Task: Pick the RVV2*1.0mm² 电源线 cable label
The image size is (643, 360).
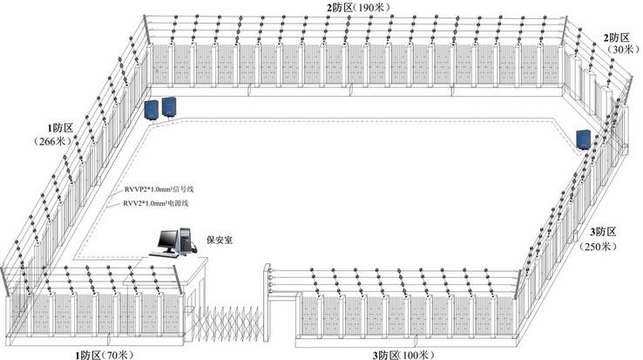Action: pos(156,203)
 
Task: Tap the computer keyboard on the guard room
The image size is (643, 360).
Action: pos(163,252)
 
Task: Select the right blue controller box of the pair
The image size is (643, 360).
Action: pos(169,105)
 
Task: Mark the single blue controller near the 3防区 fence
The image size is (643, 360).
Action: pos(583,139)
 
